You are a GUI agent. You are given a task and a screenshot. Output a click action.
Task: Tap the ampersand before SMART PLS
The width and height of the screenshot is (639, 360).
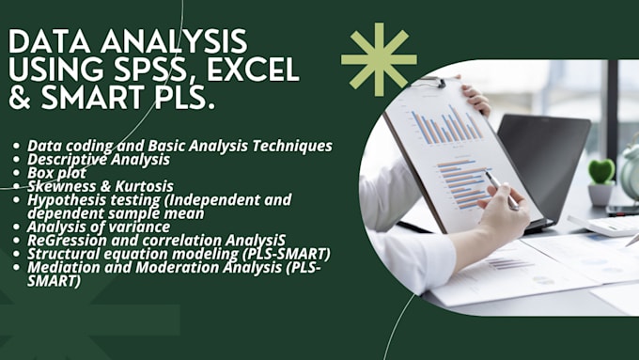(20, 98)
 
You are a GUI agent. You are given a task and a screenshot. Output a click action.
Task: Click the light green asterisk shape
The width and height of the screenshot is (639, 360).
(378, 59)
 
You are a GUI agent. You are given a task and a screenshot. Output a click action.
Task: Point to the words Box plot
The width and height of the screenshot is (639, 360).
(56, 173)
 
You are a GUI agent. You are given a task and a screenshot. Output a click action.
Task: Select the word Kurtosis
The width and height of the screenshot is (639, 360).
(138, 186)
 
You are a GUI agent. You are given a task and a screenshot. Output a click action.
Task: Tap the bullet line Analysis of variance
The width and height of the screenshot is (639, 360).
(99, 227)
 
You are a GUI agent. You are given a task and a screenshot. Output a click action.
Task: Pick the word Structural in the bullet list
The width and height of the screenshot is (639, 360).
(62, 253)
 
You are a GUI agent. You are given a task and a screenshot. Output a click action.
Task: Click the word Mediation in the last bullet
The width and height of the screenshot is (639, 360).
(62, 266)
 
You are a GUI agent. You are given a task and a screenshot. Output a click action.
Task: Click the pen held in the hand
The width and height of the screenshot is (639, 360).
(500, 189)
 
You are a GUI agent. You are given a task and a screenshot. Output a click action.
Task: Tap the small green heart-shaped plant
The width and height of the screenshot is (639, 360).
(601, 171)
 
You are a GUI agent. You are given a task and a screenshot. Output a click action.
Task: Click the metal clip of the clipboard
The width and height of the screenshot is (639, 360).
(431, 83)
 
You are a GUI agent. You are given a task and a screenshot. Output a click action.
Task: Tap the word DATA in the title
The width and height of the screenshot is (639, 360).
(52, 41)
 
